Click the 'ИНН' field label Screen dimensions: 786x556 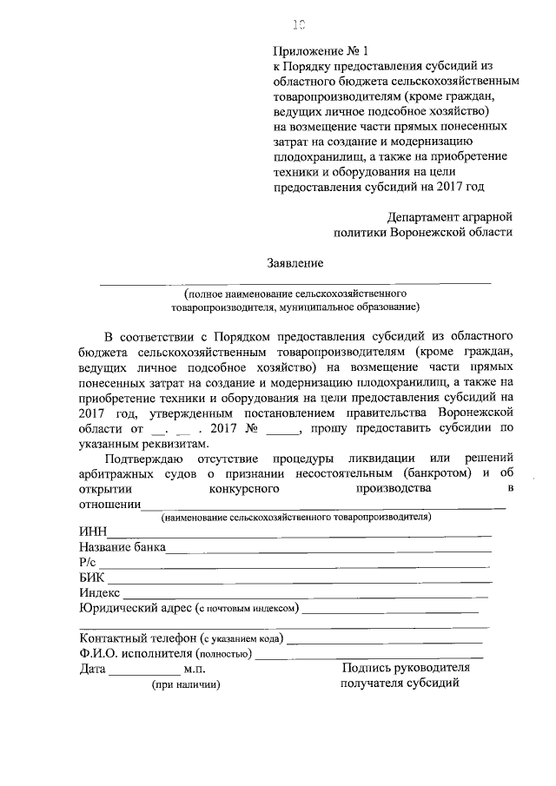pos(92,532)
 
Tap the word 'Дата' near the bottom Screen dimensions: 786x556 pos(92,669)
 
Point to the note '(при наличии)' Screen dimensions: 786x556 pos(186,685)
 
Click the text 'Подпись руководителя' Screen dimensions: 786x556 pos(406,668)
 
